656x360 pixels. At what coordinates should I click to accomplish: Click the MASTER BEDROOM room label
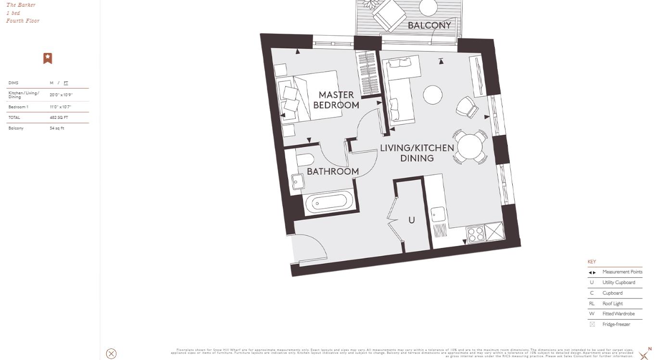[x=336, y=100]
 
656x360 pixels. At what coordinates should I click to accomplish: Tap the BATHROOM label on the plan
[x=332, y=171]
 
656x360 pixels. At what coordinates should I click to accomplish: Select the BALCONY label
[x=429, y=26]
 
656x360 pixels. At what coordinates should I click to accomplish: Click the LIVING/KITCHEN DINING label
[x=416, y=153]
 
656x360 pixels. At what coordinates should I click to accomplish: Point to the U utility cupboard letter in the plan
[x=411, y=220]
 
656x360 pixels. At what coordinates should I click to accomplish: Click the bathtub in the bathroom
[x=329, y=202]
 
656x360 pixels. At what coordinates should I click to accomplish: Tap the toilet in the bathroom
[x=305, y=159]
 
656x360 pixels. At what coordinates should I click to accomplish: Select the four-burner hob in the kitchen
[x=476, y=235]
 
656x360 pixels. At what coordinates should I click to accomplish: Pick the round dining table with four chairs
[x=470, y=147]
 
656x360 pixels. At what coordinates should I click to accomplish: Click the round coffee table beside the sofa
[x=432, y=95]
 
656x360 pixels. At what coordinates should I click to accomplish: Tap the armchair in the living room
[x=467, y=107]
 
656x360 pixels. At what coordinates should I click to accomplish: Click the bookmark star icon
[x=48, y=58]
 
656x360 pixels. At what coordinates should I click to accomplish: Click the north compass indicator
[x=644, y=355]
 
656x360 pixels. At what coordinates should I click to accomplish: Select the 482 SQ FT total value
[x=59, y=117]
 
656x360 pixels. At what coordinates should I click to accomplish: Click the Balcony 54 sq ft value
[x=57, y=128]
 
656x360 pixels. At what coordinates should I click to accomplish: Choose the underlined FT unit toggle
[x=66, y=83]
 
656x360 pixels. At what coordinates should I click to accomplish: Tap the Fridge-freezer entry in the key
[x=616, y=324]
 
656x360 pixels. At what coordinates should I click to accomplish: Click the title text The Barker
[x=21, y=5]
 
